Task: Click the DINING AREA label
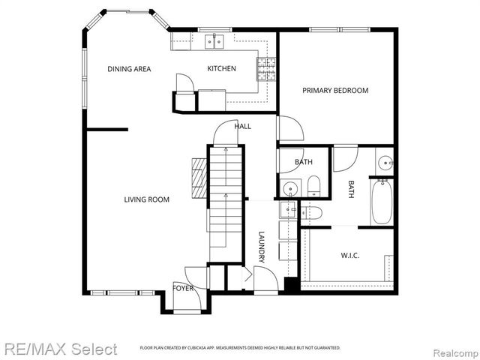[129, 69]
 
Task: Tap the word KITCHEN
[221, 69]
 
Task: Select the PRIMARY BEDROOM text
[335, 91]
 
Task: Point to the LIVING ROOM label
[146, 199]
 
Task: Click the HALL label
[242, 126]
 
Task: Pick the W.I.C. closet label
[350, 256]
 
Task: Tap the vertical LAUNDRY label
[262, 246]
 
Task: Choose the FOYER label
[183, 288]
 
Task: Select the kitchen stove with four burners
[266, 68]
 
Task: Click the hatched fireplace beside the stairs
[198, 177]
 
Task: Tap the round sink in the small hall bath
[289, 187]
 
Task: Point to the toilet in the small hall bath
[313, 186]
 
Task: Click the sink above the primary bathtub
[385, 160]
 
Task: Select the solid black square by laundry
[292, 286]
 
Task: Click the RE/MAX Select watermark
[59, 349]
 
